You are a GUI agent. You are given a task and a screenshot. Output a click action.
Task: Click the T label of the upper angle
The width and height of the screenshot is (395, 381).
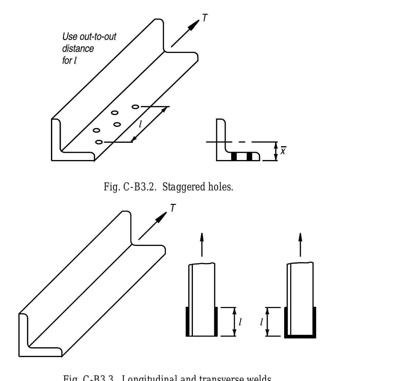coord(205,18)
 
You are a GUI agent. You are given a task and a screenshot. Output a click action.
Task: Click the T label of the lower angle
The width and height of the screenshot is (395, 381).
coord(173,208)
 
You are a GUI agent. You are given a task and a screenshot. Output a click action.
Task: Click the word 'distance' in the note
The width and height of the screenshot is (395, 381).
coord(78,48)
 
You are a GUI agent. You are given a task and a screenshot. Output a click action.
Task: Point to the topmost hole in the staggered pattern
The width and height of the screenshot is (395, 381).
coord(135,107)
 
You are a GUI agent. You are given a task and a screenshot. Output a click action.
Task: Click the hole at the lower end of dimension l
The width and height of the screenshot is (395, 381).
coord(99,142)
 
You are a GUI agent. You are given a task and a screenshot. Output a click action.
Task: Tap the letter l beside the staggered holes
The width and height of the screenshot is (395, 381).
coord(140,124)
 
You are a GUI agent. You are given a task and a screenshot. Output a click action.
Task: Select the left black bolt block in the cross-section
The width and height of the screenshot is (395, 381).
coord(234,157)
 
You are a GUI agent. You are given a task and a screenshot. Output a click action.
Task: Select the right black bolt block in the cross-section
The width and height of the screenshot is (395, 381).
coord(250,157)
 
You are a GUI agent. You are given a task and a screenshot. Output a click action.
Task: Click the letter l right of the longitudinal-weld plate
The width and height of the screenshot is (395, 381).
coord(240,322)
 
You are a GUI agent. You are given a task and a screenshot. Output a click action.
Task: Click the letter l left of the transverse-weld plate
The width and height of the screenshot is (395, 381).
coord(261,322)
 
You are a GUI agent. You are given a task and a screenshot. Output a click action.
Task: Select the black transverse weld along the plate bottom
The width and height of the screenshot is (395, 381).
coord(300,337)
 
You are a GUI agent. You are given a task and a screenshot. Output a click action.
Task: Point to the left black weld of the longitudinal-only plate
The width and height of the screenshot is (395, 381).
coord(187,322)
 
